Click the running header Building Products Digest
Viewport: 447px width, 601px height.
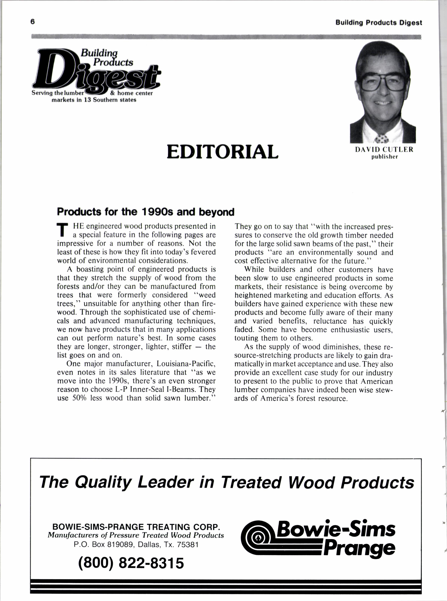[378, 23]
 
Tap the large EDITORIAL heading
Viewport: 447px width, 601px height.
[222, 152]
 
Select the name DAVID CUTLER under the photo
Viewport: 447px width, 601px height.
[384, 150]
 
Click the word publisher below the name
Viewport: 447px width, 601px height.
[384, 157]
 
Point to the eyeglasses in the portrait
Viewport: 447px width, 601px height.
[382, 81]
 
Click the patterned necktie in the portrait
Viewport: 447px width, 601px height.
[382, 139]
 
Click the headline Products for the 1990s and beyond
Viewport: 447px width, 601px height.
[146, 212]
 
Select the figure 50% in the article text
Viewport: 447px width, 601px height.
[79, 398]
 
